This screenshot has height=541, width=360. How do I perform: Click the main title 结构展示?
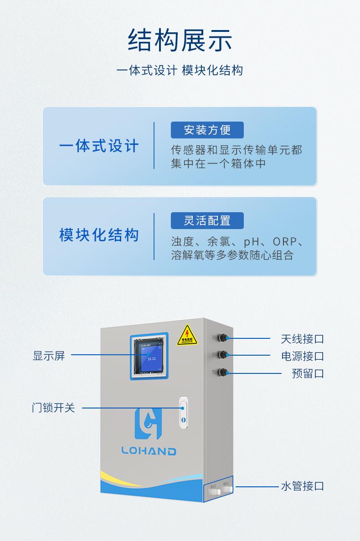pyautogui.click(x=180, y=41)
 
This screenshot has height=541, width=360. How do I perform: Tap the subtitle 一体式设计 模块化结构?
pyautogui.click(x=180, y=71)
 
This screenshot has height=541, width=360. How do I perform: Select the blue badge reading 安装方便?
pyautogui.click(x=207, y=130)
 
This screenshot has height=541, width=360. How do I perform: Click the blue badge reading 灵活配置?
pyautogui.click(x=207, y=221)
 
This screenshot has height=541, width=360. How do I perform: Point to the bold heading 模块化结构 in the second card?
pyautogui.click(x=99, y=235)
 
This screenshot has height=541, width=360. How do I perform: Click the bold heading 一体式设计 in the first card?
pyautogui.click(x=99, y=147)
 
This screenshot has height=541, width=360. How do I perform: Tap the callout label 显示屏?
pyautogui.click(x=49, y=356)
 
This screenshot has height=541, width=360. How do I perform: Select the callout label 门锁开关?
pyautogui.click(x=53, y=408)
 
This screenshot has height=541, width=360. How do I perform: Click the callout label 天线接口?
pyautogui.click(x=302, y=339)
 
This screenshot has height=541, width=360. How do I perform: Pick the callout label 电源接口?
pyautogui.click(x=302, y=356)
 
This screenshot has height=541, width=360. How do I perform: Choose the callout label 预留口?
pyautogui.click(x=308, y=373)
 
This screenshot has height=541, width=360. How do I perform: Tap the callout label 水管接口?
pyautogui.click(x=302, y=486)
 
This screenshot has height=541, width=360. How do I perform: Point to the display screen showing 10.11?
pyautogui.click(x=150, y=356)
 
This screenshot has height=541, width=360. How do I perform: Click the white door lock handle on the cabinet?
pyautogui.click(x=183, y=412)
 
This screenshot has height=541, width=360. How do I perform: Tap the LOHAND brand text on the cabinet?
pyautogui.click(x=149, y=451)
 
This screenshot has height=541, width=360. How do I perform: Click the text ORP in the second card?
pyautogui.click(x=285, y=241)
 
